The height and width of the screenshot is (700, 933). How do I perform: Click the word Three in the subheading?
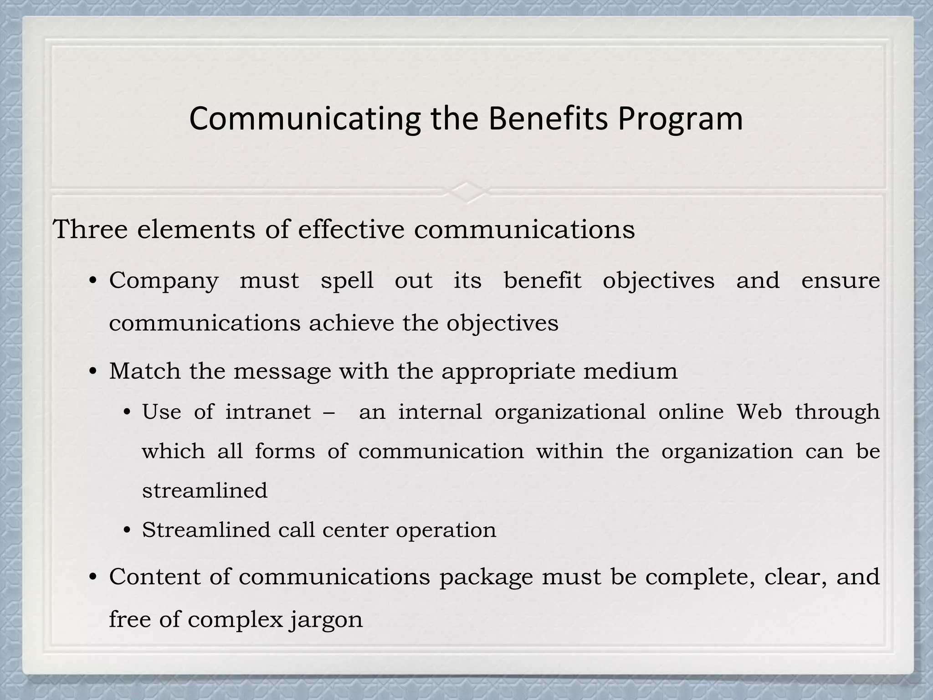point(90,229)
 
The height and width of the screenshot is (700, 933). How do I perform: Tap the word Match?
point(145,371)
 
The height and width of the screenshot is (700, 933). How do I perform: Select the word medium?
point(631,371)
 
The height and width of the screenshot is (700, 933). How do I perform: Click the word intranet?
point(268,412)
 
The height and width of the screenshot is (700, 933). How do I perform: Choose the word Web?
point(759,412)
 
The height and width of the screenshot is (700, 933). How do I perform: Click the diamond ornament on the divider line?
point(466,191)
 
